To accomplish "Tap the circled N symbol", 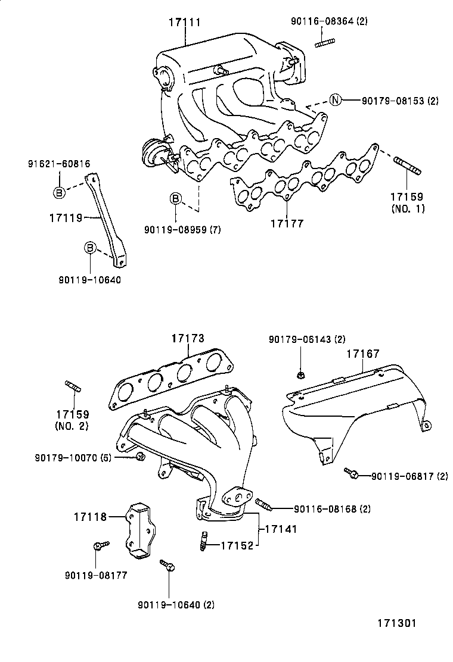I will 336,100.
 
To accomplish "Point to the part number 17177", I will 287,224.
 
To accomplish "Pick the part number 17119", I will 65,218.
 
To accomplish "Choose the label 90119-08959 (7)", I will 182,230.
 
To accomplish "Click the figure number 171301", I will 395,623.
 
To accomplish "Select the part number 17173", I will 188,339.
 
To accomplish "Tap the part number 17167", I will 363,354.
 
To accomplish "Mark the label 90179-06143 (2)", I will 307,339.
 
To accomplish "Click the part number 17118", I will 91,517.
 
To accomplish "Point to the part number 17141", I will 281,528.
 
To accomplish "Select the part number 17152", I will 237,545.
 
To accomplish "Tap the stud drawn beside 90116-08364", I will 325,42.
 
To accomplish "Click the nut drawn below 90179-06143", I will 300,374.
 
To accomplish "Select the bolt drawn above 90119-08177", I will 100,545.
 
